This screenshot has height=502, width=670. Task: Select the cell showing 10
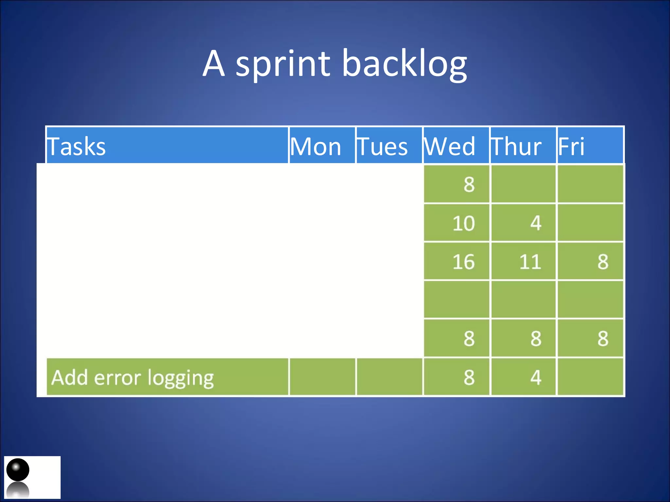[457, 223]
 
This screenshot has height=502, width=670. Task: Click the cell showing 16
[457, 261]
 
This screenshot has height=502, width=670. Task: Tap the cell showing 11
[523, 261]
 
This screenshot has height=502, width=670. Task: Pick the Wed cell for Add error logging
[457, 377]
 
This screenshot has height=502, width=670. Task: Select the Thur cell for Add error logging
[523, 377]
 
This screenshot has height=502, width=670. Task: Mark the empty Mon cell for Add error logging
[322, 377]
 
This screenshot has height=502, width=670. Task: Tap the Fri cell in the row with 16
[591, 261]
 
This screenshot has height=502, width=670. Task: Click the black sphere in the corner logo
[18, 470]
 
